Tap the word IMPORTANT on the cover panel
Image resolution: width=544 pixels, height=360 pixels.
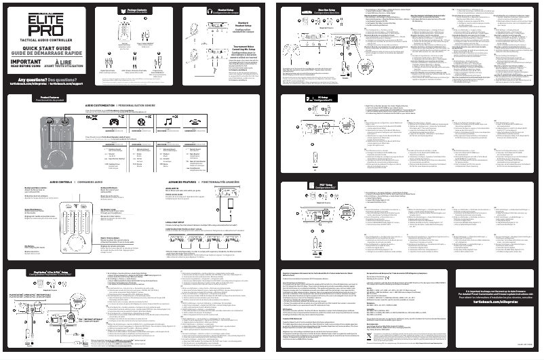pos(26,63)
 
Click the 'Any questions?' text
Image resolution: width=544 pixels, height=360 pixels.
pos(26,78)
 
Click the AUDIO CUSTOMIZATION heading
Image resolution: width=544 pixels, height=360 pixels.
pos(106,106)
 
